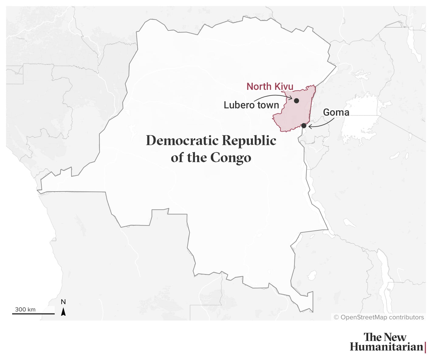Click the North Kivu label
tap(270, 87)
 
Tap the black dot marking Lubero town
tap(297, 101)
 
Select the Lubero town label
tap(251, 105)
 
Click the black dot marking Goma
tap(304, 126)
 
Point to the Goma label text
tap(336, 112)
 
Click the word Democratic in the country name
tap(182, 141)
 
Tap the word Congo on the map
tap(231, 158)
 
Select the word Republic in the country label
tap(249, 141)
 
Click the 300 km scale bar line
tap(33, 314)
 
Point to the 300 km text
tap(25, 309)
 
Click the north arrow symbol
tap(63, 312)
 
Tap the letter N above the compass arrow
tap(63, 302)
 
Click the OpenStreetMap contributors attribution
tap(379, 317)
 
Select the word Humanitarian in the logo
tap(386, 347)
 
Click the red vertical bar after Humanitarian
tap(425, 347)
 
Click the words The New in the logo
tap(385, 337)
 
